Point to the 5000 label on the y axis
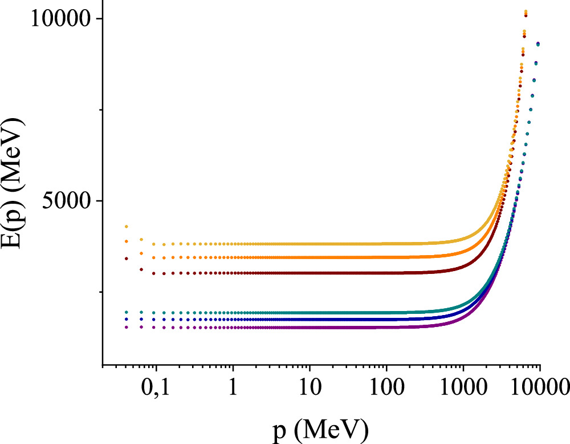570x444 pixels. (x=65, y=201)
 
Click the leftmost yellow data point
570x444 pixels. (x=127, y=227)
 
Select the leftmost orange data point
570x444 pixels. (x=127, y=241)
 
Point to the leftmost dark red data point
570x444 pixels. (x=127, y=259)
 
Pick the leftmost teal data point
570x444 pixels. (x=127, y=312)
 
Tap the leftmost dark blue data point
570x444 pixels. (x=127, y=320)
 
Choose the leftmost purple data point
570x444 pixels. (x=127, y=327)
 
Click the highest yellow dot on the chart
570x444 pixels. (x=526, y=12)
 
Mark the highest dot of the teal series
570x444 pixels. (x=538, y=44)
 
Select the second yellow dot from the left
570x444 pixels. (x=141, y=240)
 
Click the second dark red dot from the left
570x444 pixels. (x=141, y=269)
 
